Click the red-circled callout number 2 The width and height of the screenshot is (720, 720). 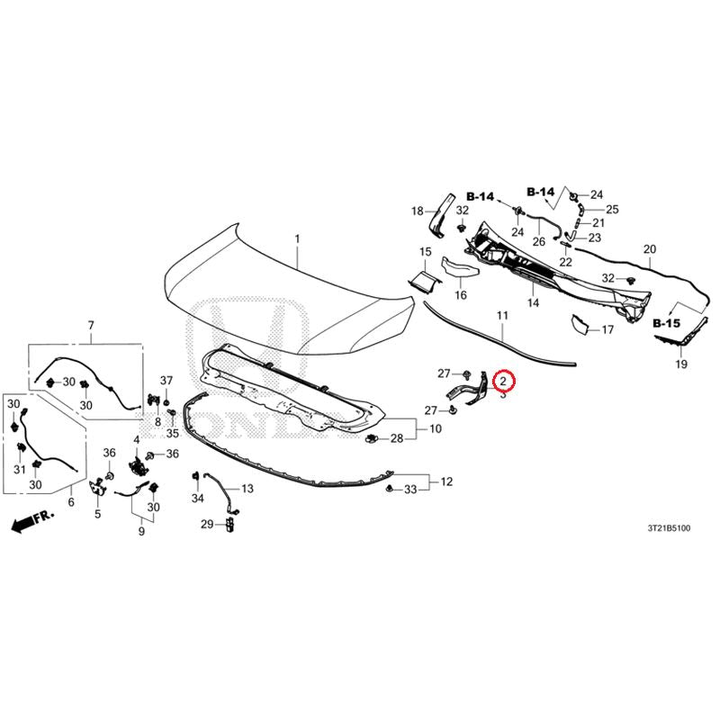point(503,381)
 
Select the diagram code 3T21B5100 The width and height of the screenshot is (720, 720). point(669,528)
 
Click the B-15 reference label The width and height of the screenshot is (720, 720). point(666,323)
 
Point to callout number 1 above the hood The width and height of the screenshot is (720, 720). point(297,238)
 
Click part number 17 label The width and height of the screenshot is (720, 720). point(607,329)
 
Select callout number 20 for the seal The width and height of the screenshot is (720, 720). point(650,249)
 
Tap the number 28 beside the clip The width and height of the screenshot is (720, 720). point(397,438)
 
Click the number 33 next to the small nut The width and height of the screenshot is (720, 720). point(410,490)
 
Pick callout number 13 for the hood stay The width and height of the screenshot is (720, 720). point(247,489)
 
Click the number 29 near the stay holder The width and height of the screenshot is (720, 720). point(207,524)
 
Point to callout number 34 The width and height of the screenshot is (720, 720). point(197,498)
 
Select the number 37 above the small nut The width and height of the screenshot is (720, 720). point(166,380)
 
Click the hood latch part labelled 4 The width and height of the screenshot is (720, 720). point(137,467)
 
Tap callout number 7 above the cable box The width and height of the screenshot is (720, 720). point(91,325)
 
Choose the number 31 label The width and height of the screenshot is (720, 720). point(19,469)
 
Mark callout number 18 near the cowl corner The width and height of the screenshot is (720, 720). point(417,211)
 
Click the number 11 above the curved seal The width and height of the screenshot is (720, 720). point(502,316)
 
